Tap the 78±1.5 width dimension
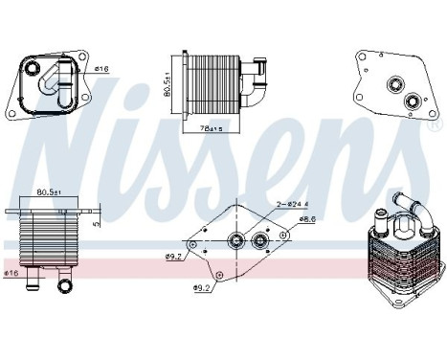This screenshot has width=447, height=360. coord(210,128)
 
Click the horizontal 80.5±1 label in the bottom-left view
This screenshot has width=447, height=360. coord(50,192)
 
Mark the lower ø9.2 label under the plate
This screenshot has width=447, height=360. coord(202,287)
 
